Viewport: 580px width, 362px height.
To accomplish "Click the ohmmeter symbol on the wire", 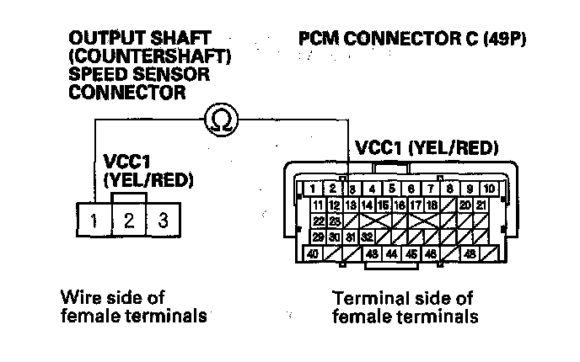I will point(222,120).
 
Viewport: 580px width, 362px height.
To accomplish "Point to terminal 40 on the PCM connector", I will point(312,253).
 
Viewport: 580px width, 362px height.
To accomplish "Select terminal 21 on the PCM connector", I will point(481,205).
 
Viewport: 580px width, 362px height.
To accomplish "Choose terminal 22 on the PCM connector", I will point(318,221).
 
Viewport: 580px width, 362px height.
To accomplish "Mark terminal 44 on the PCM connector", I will point(391,253).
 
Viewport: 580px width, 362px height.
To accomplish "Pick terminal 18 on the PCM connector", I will point(431,205).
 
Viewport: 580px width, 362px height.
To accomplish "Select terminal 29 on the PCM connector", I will point(318,237).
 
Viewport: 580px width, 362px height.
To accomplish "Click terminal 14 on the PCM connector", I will point(368,205).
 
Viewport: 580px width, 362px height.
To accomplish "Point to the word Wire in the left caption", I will point(78,298).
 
